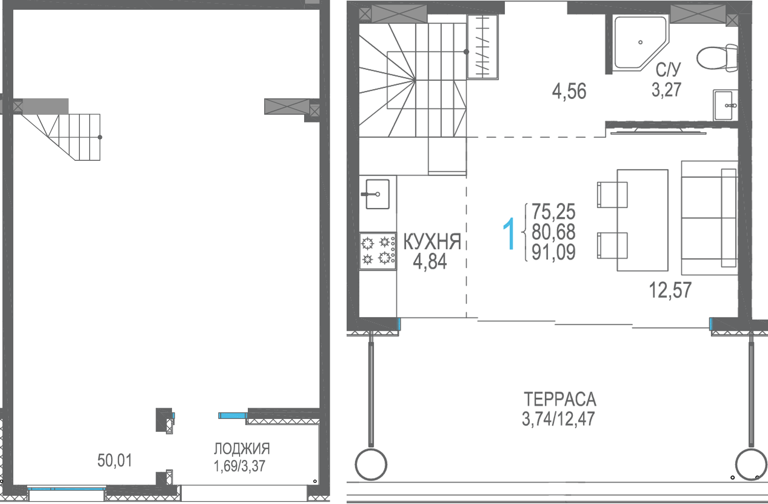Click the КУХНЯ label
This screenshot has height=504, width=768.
(x=432, y=242)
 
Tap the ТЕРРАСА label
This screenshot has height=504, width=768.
(x=560, y=399)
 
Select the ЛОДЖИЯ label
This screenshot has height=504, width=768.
(x=242, y=448)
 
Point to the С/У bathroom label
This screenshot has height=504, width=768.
(x=668, y=70)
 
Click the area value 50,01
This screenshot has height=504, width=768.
(x=115, y=460)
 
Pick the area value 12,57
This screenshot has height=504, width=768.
(x=670, y=290)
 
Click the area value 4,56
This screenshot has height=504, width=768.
(x=569, y=91)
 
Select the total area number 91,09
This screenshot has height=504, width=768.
(x=553, y=252)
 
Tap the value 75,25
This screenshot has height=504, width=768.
(x=553, y=212)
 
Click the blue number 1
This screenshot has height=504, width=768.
(x=509, y=233)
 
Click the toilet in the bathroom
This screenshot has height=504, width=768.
(x=717, y=58)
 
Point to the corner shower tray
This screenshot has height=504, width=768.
(x=640, y=43)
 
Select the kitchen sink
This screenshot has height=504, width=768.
(x=377, y=194)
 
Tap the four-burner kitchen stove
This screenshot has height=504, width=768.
(x=378, y=251)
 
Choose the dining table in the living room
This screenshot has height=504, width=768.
(x=643, y=220)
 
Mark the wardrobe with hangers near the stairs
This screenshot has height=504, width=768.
(x=483, y=47)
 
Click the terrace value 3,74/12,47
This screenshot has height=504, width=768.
(x=558, y=419)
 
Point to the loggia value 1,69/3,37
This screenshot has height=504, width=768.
(x=239, y=466)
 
